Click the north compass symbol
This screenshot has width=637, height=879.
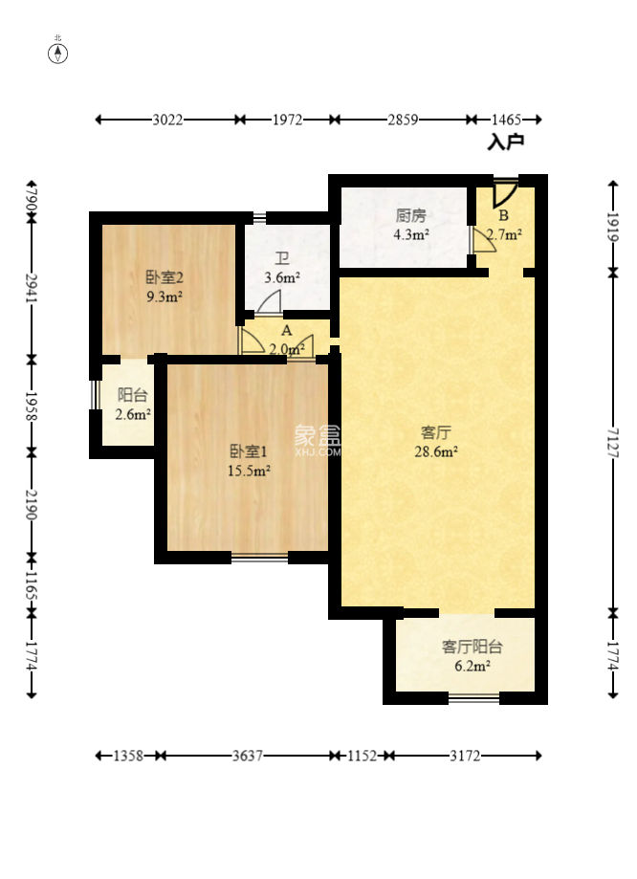pos(58,53)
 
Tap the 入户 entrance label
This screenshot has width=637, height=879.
pos(505,142)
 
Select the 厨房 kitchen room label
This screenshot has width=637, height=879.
pos(411,215)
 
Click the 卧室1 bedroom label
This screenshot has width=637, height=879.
pos(249,450)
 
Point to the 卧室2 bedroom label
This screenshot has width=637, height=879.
pos(165,277)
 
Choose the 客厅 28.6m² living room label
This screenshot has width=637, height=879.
pos(436,442)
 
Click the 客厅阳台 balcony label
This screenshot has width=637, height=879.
pos(472,647)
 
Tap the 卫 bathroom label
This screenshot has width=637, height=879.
pos(281,258)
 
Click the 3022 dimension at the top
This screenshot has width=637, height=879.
pos(167,120)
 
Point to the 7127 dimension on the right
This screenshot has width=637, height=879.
pos(613,443)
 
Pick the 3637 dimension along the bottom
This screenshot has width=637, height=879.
pos(248,756)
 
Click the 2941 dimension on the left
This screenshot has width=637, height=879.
pos(32,288)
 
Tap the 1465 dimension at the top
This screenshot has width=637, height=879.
pos(506,120)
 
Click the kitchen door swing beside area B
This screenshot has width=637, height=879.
pos(483,240)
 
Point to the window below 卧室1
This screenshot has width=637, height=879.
pos(259,557)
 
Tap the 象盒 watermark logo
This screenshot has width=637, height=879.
pos(318,437)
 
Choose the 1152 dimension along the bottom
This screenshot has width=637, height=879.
pos(362,756)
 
